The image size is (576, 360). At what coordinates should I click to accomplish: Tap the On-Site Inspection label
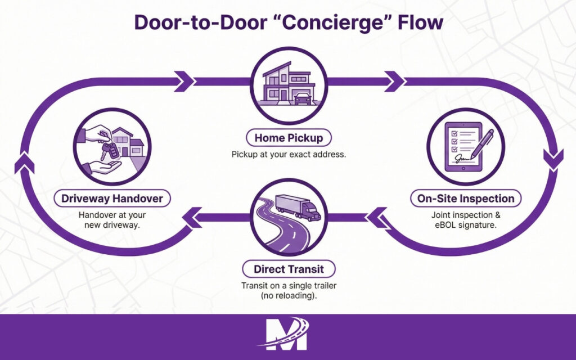click(466, 199)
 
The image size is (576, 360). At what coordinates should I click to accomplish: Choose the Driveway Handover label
click(112, 199)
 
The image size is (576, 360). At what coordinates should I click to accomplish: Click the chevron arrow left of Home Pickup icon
click(184, 82)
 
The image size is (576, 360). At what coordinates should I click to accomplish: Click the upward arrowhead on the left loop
click(21, 164)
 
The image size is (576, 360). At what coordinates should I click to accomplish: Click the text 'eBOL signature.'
click(466, 226)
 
